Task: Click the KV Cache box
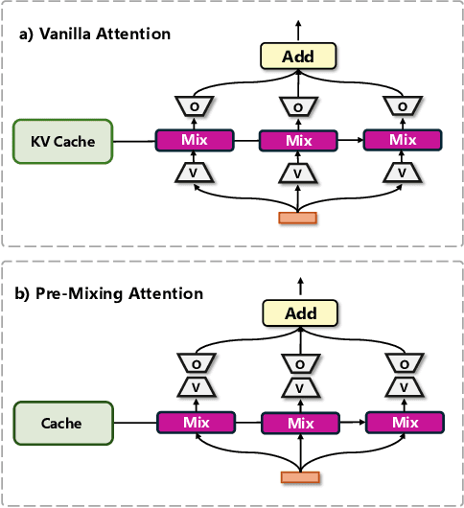pos(63,141)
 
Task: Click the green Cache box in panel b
pos(63,423)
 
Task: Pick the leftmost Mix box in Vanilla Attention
pos(195,140)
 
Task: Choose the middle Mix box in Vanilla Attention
pos(300,141)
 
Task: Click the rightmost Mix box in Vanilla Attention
pos(402,140)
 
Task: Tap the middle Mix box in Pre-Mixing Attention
pos(300,424)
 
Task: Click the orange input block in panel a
pos(298,218)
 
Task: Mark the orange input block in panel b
pos(298,477)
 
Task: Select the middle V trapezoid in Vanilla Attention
pos(300,173)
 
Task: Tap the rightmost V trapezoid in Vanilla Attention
pos(402,173)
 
